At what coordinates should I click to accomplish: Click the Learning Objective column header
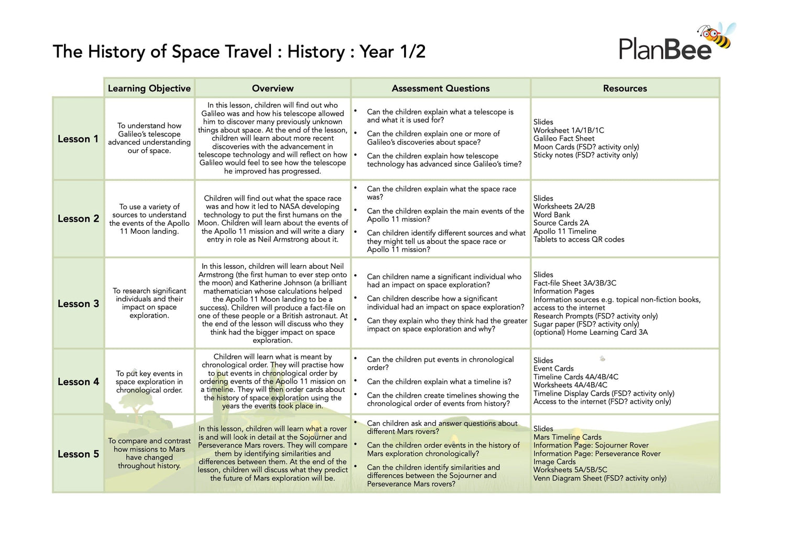click(149, 88)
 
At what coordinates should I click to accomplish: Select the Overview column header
click(272, 88)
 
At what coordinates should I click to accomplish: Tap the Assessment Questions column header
click(441, 88)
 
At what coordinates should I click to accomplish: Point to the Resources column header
click(625, 88)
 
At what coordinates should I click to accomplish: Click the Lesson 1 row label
click(78, 139)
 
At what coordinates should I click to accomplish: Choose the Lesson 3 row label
click(78, 304)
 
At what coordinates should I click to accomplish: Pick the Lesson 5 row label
click(78, 454)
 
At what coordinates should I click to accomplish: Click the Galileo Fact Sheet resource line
click(564, 138)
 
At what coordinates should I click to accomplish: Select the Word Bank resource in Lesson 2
click(552, 215)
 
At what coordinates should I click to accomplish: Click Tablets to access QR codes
click(579, 239)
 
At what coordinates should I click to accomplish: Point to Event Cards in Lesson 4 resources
click(553, 368)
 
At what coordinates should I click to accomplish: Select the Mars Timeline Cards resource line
click(567, 437)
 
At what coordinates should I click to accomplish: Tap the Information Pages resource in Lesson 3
click(564, 291)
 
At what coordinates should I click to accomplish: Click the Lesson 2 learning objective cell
click(149, 219)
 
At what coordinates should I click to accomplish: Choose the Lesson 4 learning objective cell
click(149, 381)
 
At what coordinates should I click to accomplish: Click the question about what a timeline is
click(439, 381)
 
